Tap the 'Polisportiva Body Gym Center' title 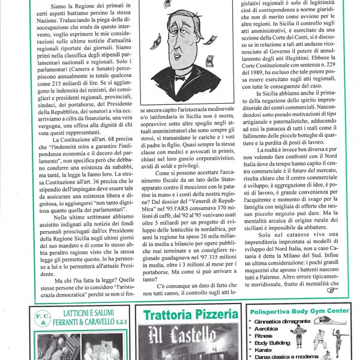coord(298,312)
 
